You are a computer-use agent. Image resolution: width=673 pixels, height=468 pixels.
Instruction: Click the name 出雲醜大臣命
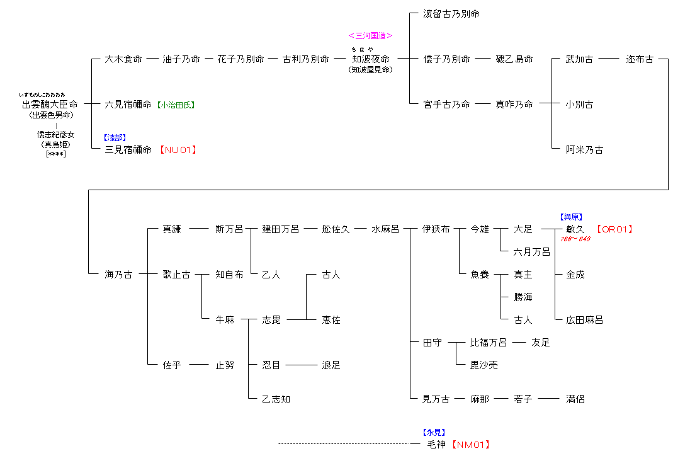tap(50, 105)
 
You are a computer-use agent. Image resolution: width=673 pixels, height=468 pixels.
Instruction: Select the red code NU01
tap(178, 150)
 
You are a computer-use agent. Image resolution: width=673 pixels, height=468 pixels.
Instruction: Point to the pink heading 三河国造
tap(371, 36)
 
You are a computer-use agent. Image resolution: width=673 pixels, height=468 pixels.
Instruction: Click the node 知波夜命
tap(371, 59)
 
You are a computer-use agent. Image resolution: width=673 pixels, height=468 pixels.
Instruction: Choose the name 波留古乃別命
tap(451, 14)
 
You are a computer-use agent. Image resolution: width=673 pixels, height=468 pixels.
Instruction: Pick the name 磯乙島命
tap(514, 59)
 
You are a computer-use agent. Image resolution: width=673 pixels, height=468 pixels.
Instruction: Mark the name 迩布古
tap(640, 59)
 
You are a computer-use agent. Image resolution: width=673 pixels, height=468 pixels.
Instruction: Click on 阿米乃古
tap(584, 150)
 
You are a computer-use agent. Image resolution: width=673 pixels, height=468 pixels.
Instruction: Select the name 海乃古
tap(118, 275)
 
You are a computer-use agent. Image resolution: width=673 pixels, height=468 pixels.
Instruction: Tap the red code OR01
tap(614, 229)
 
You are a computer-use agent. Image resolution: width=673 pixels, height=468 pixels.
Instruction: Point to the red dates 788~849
tap(575, 239)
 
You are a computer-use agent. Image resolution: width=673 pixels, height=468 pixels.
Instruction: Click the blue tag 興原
tap(572, 217)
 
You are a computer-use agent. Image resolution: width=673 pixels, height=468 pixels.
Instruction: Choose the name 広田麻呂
tap(584, 320)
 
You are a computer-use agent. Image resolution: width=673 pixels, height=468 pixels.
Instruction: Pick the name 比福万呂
tap(489, 343)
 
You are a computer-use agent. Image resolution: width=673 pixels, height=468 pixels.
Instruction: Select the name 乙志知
tap(276, 399)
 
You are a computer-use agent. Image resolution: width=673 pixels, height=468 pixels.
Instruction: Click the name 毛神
tap(436, 445)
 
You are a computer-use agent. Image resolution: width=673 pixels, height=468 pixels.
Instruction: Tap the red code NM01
tap(471, 445)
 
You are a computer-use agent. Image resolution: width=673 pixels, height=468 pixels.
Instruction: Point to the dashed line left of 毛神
tap(343, 445)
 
